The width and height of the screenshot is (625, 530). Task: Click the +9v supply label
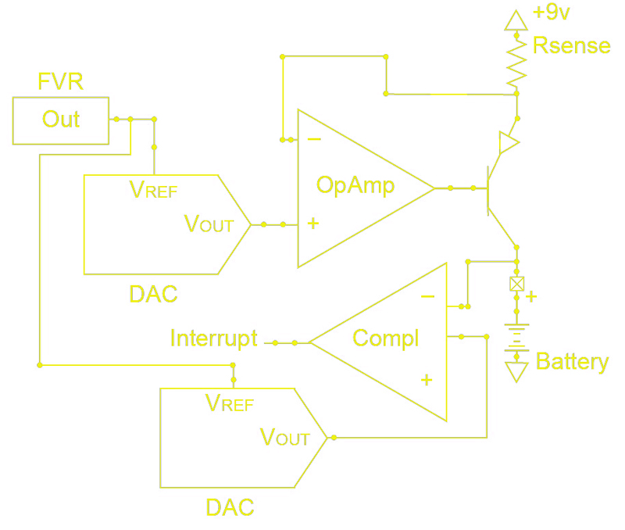(x=551, y=13)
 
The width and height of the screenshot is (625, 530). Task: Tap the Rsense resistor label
(x=571, y=45)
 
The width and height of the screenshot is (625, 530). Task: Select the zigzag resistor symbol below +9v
(x=516, y=63)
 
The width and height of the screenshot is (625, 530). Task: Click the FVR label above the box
(x=60, y=82)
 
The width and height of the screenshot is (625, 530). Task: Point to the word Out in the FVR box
(x=61, y=119)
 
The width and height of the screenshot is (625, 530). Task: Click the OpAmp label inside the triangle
(x=355, y=184)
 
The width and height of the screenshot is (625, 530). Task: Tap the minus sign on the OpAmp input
(x=313, y=138)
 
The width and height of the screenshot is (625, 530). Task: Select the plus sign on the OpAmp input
(x=313, y=224)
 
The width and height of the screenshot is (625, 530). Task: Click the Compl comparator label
(x=386, y=338)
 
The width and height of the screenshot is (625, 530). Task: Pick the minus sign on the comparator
(x=427, y=296)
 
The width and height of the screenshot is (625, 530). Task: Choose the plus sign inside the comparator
(x=427, y=380)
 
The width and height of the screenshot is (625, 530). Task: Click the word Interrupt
(x=214, y=338)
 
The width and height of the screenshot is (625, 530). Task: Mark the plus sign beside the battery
(x=531, y=296)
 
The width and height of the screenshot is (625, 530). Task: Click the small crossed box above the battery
(x=516, y=284)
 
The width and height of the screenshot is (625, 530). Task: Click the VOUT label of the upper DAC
(x=209, y=224)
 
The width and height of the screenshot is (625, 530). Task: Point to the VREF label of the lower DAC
(x=229, y=403)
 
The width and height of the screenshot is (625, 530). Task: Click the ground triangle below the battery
(x=516, y=371)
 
